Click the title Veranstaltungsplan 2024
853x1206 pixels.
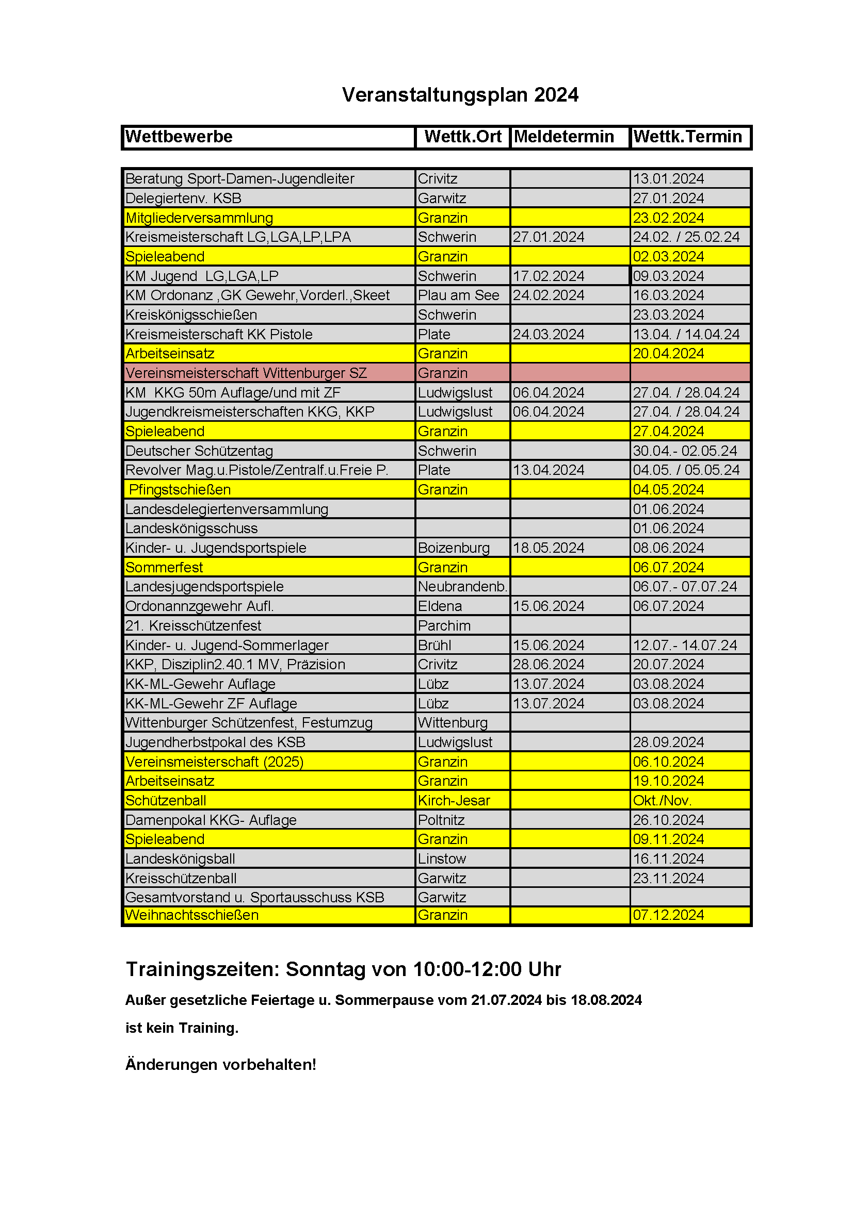[460, 95]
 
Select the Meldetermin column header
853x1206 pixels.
[564, 137]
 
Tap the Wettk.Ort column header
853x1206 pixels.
[462, 137]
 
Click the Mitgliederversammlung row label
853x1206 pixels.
[199, 218]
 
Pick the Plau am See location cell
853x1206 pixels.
[458, 296]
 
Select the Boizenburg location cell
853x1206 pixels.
[454, 549]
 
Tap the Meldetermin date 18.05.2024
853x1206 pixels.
[548, 549]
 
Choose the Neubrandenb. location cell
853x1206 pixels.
[462, 587]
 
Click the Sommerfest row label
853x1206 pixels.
[164, 568]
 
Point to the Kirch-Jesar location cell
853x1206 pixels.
[454, 801]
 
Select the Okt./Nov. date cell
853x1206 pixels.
[662, 801]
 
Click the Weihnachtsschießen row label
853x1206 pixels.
[192, 916]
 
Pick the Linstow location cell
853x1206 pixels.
[442, 860]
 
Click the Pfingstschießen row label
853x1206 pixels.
[180, 490]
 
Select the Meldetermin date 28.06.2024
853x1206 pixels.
[548, 665]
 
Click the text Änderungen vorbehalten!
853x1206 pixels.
[221, 1065]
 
